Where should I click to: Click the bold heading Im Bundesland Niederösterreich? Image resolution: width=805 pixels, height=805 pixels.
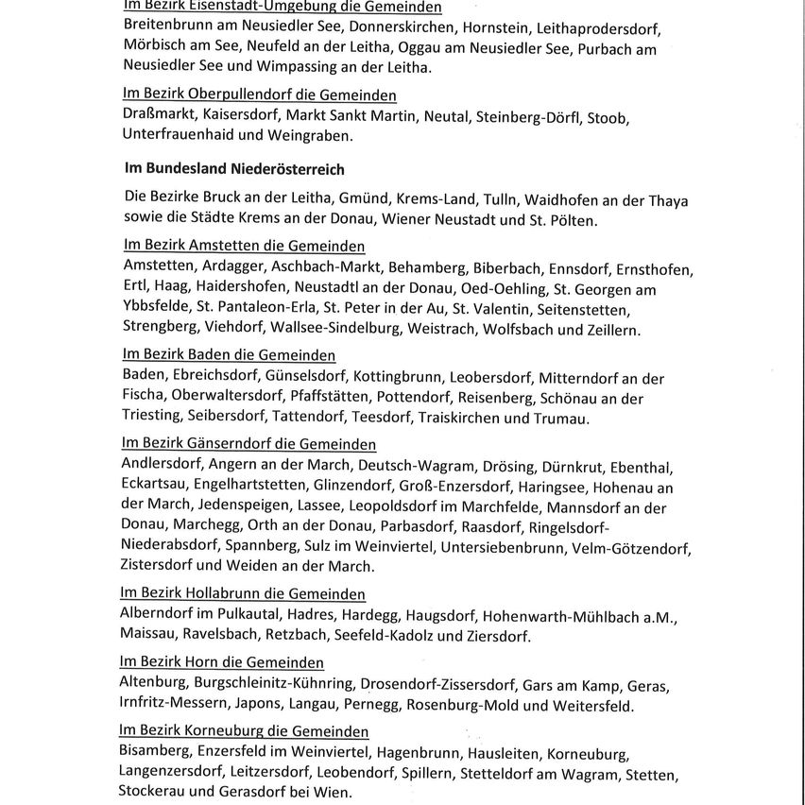234,169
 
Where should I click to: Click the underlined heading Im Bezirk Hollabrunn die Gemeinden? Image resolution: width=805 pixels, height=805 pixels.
243,594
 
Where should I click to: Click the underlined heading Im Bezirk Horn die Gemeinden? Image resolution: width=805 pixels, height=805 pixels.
222,663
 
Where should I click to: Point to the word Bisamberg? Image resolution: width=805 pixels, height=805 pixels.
154,754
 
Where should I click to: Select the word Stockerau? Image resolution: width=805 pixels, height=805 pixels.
155,794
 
